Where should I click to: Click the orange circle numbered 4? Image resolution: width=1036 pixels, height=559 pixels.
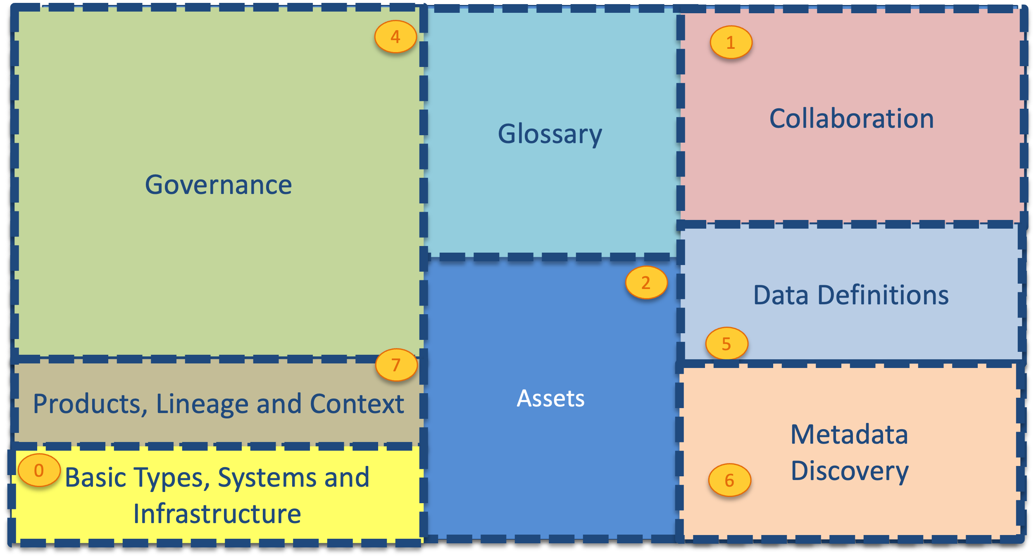point(395,37)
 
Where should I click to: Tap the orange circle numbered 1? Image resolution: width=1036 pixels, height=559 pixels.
point(731,42)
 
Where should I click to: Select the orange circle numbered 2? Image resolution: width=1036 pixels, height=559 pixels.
point(646,282)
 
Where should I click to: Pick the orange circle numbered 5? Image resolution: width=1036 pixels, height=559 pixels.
point(726,344)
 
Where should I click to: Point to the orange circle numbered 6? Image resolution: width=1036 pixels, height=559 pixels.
point(729,480)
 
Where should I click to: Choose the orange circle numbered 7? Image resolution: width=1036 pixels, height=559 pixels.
point(396,365)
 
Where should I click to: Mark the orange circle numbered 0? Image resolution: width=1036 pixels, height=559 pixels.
point(39,470)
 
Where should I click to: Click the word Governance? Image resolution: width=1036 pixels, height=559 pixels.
point(218,184)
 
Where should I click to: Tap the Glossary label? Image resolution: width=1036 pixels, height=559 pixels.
point(550,134)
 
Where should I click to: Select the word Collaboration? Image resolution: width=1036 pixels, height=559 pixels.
point(851,119)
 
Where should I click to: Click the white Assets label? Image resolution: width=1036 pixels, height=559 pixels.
point(550,399)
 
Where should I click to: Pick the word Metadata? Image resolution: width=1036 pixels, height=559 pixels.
point(849,435)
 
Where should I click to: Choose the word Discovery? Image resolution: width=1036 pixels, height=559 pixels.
point(850,471)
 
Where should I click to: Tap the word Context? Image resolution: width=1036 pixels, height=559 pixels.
point(357,404)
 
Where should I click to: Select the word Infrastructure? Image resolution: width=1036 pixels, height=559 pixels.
point(217,514)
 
